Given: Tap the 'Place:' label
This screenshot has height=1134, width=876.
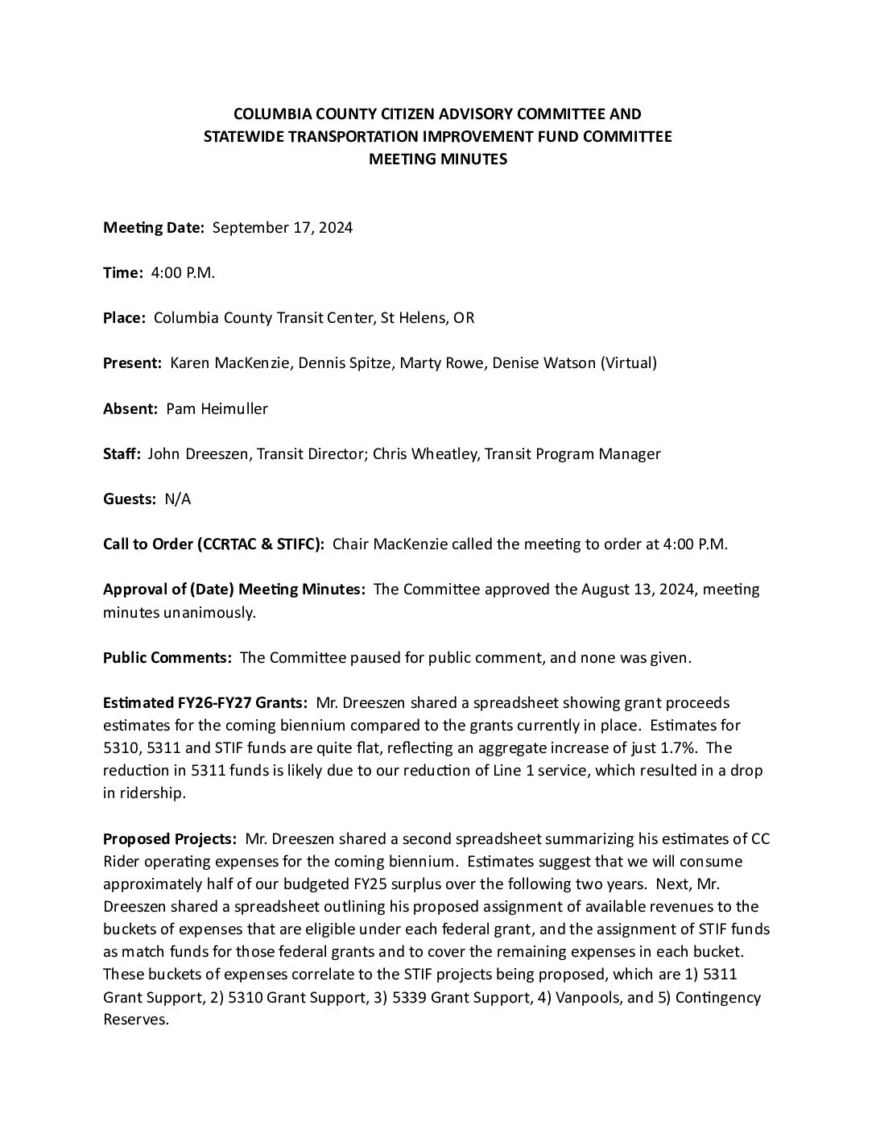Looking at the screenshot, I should pos(124,318).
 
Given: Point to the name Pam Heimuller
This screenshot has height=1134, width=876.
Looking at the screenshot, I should pos(217,408).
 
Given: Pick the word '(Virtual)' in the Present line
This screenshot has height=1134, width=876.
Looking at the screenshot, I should pos(629,363).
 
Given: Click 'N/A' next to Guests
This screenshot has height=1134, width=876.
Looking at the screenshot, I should pos(177,499).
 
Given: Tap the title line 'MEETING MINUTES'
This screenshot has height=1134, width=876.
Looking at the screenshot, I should pos(438,159).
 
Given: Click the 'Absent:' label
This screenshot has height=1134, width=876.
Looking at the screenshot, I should pos(130,408).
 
